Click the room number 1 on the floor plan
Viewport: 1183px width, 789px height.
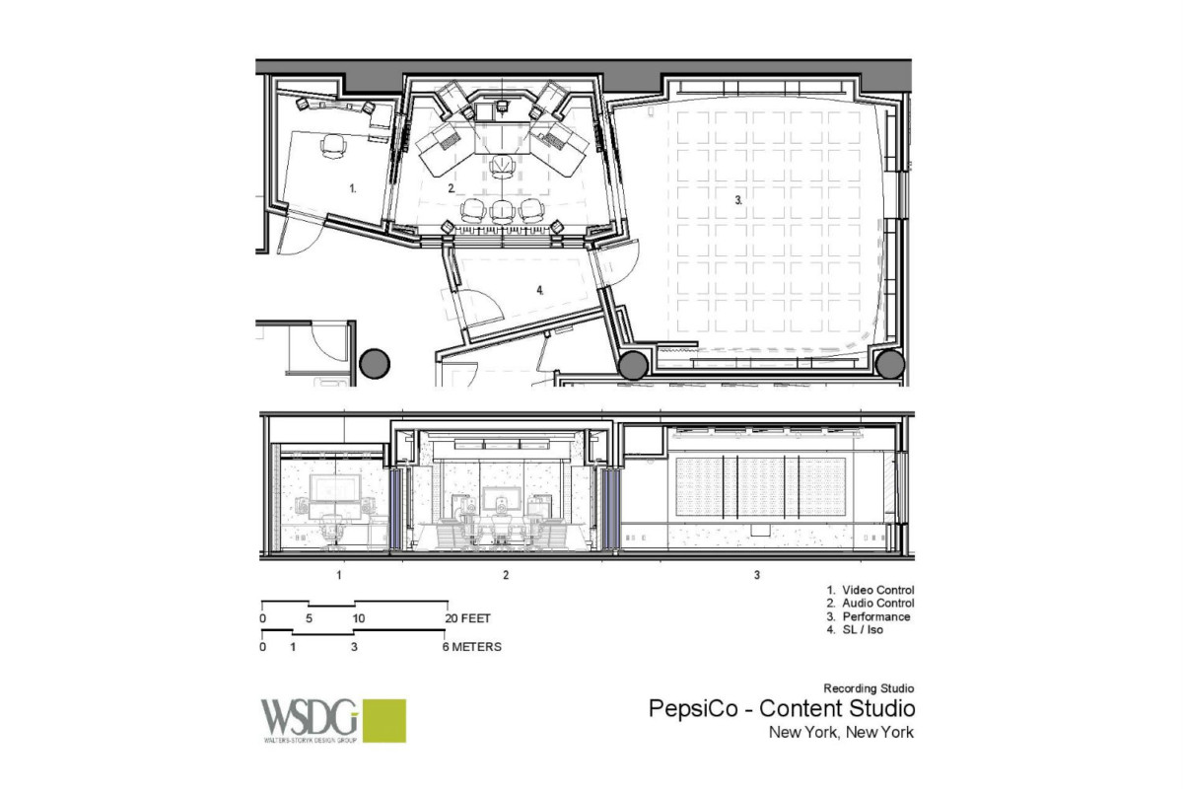pyautogui.click(x=352, y=186)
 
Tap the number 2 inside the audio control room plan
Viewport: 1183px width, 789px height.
pyautogui.click(x=451, y=186)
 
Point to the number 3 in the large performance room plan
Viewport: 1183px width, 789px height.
pyautogui.click(x=737, y=200)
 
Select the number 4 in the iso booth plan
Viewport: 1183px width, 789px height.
pyautogui.click(x=540, y=290)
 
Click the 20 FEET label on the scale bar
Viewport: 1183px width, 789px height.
pyautogui.click(x=467, y=618)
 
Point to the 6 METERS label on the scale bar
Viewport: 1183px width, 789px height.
pyautogui.click(x=471, y=648)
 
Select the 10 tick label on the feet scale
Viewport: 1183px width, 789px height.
pyautogui.click(x=359, y=618)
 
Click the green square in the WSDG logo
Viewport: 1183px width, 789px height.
pyautogui.click(x=384, y=720)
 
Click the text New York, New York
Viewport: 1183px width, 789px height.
pyautogui.click(x=841, y=733)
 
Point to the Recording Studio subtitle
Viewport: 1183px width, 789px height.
pyautogui.click(x=870, y=687)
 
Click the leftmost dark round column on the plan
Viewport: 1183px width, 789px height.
pyautogui.click(x=375, y=364)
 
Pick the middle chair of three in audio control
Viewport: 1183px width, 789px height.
pyautogui.click(x=502, y=209)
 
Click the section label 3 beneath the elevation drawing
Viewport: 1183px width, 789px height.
pyautogui.click(x=756, y=573)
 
